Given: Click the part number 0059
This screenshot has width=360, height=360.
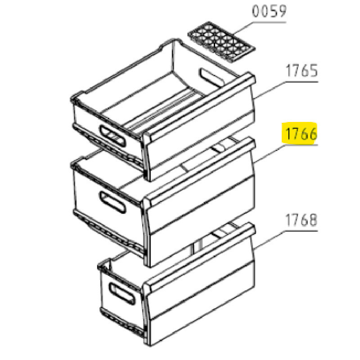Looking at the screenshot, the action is (269, 11).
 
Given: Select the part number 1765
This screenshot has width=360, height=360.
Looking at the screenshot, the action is (301, 71).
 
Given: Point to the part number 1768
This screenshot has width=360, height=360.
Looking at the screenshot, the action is (301, 220).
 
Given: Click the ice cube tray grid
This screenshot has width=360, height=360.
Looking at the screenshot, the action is (221, 42).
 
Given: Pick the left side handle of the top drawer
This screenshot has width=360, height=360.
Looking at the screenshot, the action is (112, 137).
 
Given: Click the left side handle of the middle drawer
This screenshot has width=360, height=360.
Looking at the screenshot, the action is (112, 202).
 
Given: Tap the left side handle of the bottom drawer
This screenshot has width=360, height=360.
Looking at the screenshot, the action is (121, 293).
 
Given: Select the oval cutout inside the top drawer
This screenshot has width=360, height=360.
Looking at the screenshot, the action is (211, 77).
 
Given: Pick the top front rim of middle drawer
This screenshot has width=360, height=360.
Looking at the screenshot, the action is (200, 169).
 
